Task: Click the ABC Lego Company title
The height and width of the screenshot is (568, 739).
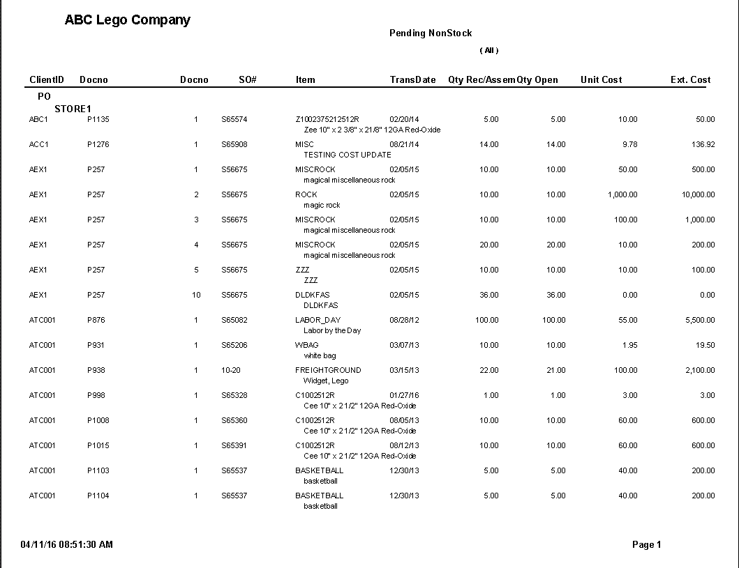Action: [127, 20]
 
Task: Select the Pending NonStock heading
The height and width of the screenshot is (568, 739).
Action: [431, 33]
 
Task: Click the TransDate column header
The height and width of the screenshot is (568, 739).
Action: [412, 80]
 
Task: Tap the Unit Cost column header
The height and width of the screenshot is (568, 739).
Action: [601, 80]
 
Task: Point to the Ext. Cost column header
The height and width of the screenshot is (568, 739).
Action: [690, 80]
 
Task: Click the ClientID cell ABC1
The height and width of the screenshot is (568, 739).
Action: [38, 120]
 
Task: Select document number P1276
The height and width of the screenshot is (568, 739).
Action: [98, 145]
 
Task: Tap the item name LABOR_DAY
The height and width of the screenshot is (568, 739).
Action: [318, 321]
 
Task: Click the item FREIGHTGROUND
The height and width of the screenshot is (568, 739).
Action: [328, 371]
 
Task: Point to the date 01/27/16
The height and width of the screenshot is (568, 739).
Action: [404, 396]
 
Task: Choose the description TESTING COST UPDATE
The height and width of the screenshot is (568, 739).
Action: [347, 155]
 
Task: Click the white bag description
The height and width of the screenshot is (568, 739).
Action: [320, 355]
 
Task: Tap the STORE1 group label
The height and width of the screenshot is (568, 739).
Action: [73, 109]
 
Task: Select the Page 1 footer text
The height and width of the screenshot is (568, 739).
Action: [646, 545]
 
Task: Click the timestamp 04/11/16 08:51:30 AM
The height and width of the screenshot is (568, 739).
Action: [67, 544]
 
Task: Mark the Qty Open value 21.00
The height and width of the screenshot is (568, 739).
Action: [556, 371]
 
